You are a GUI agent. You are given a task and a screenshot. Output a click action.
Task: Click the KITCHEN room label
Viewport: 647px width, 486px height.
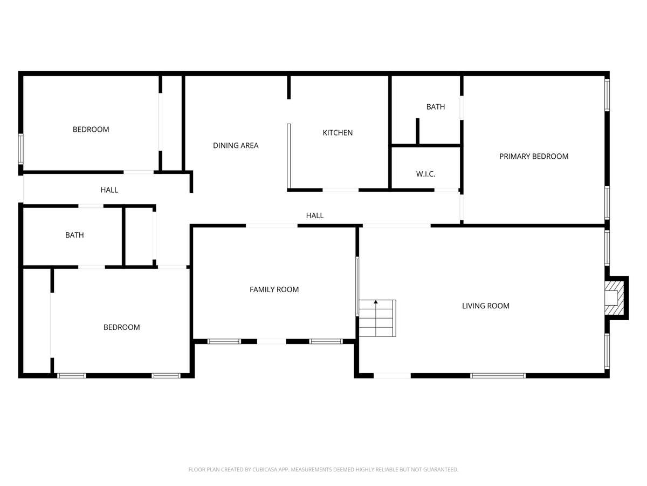pyautogui.click(x=338, y=133)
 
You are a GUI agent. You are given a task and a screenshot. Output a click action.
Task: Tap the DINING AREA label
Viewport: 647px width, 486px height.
pyautogui.click(x=236, y=145)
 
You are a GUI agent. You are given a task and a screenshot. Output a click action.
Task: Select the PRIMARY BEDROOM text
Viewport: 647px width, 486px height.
pyautogui.click(x=534, y=157)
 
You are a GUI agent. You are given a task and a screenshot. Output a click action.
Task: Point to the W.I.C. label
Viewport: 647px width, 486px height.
pyautogui.click(x=425, y=174)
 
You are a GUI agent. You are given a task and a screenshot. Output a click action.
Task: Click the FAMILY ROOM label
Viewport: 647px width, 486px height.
pyautogui.click(x=274, y=289)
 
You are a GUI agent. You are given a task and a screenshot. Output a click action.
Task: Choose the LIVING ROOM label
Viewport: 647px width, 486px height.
pyautogui.click(x=485, y=306)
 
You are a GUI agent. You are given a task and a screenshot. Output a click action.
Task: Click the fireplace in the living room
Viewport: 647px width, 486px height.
pyautogui.click(x=614, y=298)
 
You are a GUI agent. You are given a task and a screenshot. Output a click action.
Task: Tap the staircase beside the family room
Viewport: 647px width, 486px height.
pyautogui.click(x=377, y=318)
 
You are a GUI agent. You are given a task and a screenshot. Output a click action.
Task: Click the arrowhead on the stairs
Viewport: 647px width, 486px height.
pyautogui.click(x=375, y=302)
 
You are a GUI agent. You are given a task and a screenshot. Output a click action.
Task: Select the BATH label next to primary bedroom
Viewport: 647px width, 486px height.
pyautogui.click(x=435, y=107)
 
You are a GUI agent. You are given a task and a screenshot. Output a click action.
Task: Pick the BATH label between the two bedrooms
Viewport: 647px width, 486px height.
pyautogui.click(x=74, y=235)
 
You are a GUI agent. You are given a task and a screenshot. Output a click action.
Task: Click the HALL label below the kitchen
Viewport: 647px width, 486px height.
pyautogui.click(x=314, y=215)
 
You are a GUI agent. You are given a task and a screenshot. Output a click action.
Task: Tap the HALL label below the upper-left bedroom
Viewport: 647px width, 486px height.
pyautogui.click(x=109, y=190)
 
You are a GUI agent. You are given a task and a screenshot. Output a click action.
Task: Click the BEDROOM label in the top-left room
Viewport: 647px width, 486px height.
pyautogui.click(x=91, y=130)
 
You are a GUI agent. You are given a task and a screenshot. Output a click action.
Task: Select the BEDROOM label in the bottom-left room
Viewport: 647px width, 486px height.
pyautogui.click(x=121, y=327)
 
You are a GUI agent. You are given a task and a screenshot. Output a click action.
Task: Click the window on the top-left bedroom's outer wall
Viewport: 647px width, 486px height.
pyautogui.click(x=20, y=149)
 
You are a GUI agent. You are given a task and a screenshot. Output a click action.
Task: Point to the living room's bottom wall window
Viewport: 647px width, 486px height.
pyautogui.click(x=498, y=376)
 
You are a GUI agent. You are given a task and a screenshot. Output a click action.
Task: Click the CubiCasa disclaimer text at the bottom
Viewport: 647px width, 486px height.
pyautogui.click(x=323, y=469)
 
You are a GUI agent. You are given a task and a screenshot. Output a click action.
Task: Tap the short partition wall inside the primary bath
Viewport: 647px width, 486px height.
pyautogui.click(x=417, y=132)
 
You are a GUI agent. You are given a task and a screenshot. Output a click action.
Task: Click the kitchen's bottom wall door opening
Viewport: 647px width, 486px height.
pyautogui.click(x=340, y=190)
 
